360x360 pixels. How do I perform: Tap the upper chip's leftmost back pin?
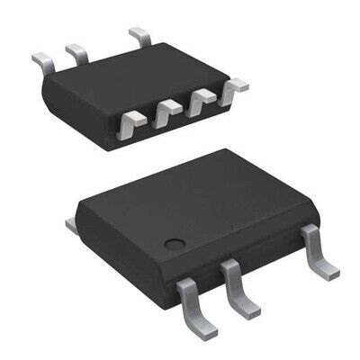click(x=43, y=59)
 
